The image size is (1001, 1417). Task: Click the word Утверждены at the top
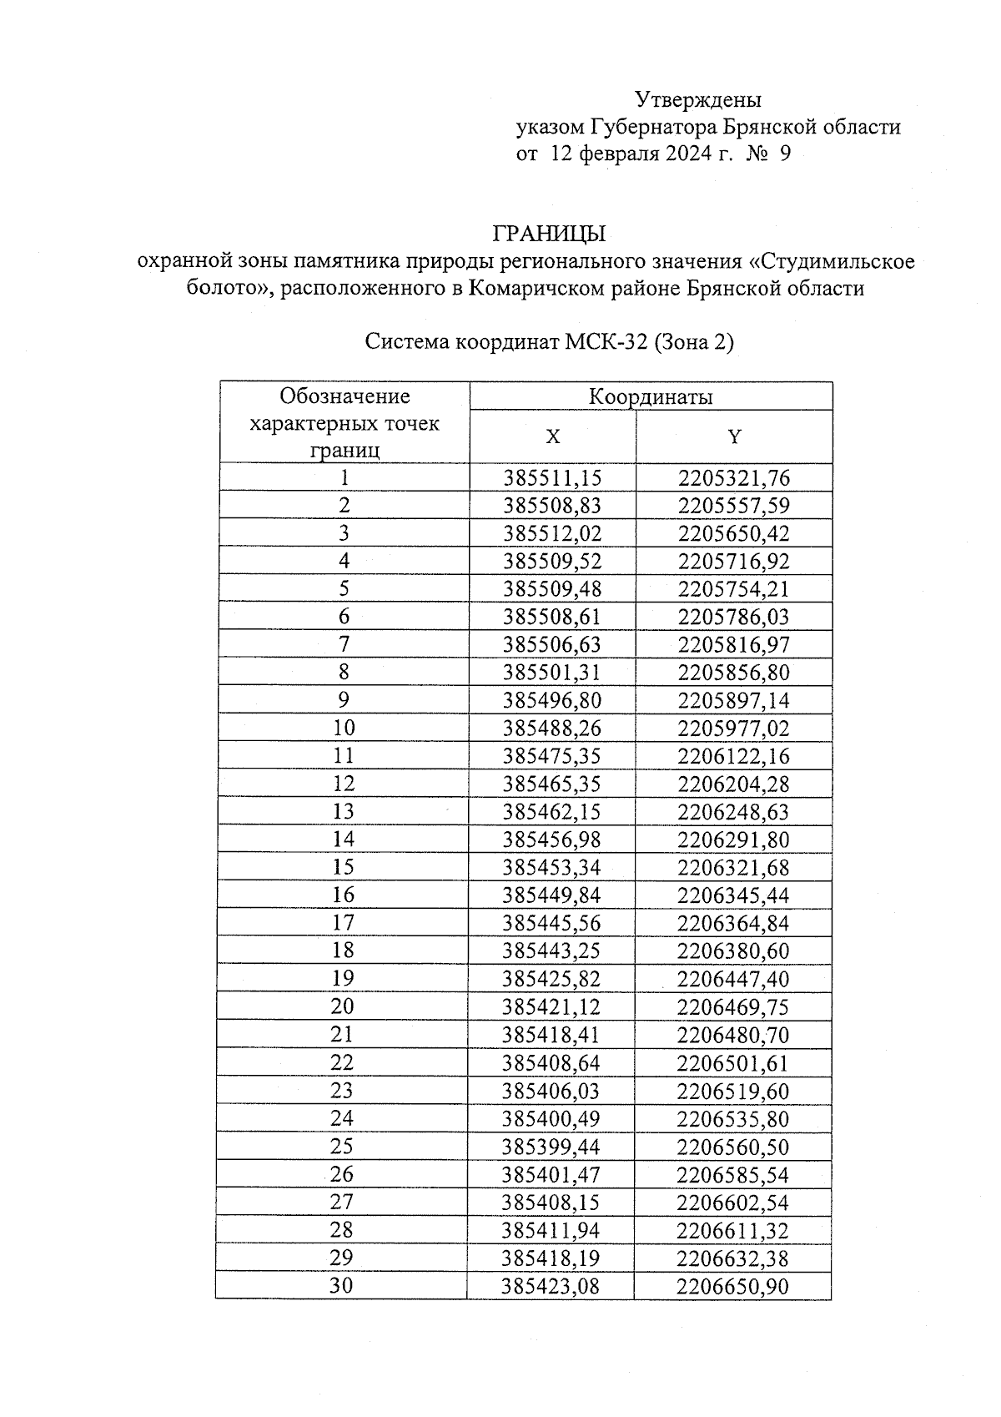698,100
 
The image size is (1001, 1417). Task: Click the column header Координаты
651,396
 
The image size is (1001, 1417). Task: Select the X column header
552,436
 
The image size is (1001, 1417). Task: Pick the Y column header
734,436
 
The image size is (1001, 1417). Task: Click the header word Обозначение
345,396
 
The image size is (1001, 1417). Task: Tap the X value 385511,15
552,478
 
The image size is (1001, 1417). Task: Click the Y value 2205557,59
734,506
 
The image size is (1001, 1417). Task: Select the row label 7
344,644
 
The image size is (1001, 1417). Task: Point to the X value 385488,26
552,728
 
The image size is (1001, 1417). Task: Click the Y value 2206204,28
734,784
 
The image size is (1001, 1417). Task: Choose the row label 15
344,867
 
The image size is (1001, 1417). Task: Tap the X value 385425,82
552,978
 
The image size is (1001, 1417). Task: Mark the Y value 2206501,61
734,1062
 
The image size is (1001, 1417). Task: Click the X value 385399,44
552,1147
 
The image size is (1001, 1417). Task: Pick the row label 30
342,1285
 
